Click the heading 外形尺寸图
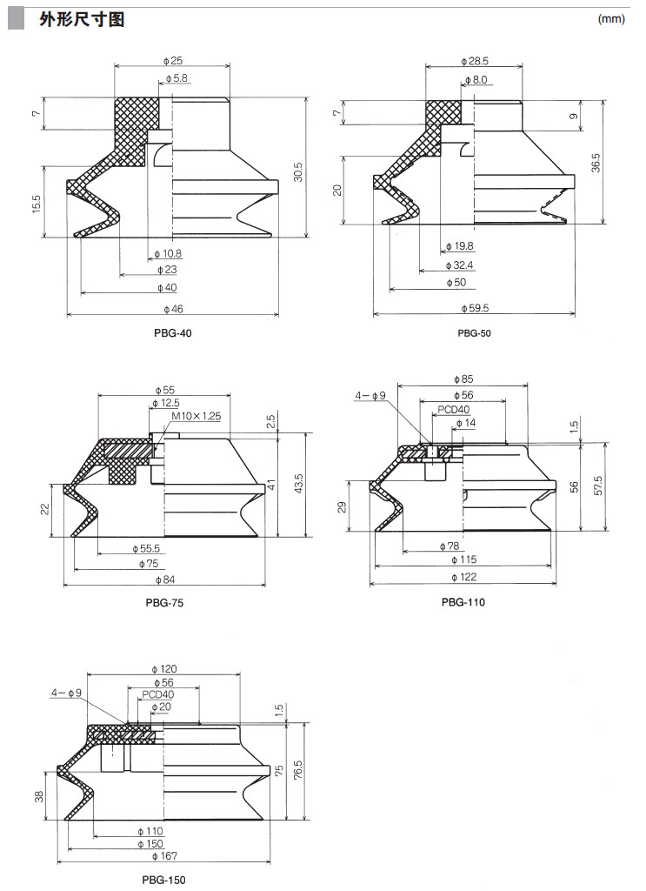pos(81,19)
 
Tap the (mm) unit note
pos(611,19)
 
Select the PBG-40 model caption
pos(172,333)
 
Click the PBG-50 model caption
pos(476,333)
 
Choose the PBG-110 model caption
pos(463,602)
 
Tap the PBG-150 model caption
pos(163,880)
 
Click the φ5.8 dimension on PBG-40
pos(175,78)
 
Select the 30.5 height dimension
pos(297,165)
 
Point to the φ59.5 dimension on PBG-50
pos(474,308)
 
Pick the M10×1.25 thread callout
pos(196,417)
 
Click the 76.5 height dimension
pos(299,771)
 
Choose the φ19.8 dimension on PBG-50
pos(458,247)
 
